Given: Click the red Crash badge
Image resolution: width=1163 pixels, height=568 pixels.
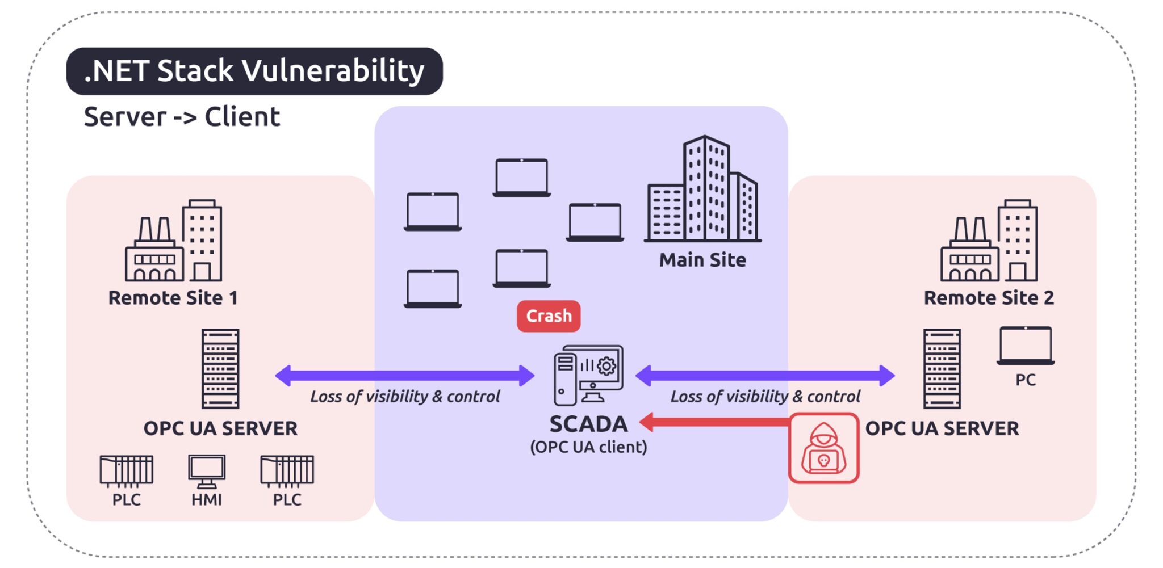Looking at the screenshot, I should [x=548, y=316].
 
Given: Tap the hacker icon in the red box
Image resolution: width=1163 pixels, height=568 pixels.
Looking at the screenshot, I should [x=823, y=448].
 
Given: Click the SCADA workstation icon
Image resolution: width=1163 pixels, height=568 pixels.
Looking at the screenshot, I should [x=588, y=375].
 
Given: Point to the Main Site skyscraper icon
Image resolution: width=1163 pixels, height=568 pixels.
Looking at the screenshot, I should [x=702, y=190].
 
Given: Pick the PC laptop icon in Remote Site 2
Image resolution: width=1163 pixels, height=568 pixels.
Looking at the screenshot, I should [x=1026, y=345].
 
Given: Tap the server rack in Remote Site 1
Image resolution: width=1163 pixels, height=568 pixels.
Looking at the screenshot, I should [x=220, y=368].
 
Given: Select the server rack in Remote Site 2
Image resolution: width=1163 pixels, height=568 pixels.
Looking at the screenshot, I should [x=942, y=368].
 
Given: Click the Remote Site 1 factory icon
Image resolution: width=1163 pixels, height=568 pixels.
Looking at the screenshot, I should [x=173, y=241].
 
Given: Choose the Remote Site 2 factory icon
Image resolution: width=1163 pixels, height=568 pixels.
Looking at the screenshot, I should [x=989, y=241].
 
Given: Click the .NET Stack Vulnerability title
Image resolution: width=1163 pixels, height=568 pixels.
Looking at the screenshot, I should [x=254, y=71].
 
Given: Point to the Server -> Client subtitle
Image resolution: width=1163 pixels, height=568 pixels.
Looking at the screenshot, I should [x=182, y=117].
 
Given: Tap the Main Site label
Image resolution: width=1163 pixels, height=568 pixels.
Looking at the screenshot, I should [x=702, y=260].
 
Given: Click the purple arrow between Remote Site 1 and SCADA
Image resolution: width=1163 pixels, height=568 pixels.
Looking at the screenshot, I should [x=404, y=375].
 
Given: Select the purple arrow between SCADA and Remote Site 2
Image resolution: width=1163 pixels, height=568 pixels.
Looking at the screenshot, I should [x=765, y=375].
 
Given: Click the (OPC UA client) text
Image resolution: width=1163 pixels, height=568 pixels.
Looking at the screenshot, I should [x=588, y=447].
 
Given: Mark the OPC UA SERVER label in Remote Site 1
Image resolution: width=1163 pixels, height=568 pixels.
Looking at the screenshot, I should [x=220, y=428].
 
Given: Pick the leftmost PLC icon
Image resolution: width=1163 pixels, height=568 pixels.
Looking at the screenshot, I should [x=126, y=471].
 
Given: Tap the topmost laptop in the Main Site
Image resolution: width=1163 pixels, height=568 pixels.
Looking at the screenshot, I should [x=521, y=178].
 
